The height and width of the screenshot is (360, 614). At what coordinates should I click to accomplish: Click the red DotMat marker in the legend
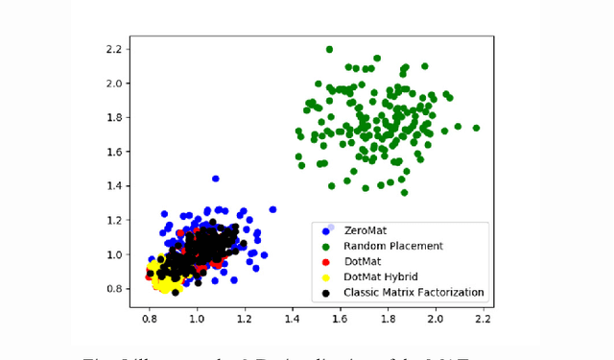(327, 261)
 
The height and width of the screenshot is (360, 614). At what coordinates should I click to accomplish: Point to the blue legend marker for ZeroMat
(327, 230)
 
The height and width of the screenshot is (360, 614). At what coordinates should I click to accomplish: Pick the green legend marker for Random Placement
(327, 246)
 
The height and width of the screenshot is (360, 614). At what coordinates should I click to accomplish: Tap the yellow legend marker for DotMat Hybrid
(327, 276)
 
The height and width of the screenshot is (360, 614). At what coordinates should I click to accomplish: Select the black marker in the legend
(327, 292)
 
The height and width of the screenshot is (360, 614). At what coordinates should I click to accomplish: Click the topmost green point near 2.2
(329, 49)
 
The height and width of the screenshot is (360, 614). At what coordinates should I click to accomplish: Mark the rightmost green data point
(476, 128)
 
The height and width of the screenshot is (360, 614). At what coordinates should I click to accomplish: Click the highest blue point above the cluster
(215, 179)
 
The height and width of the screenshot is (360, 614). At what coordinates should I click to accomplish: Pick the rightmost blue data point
(272, 209)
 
